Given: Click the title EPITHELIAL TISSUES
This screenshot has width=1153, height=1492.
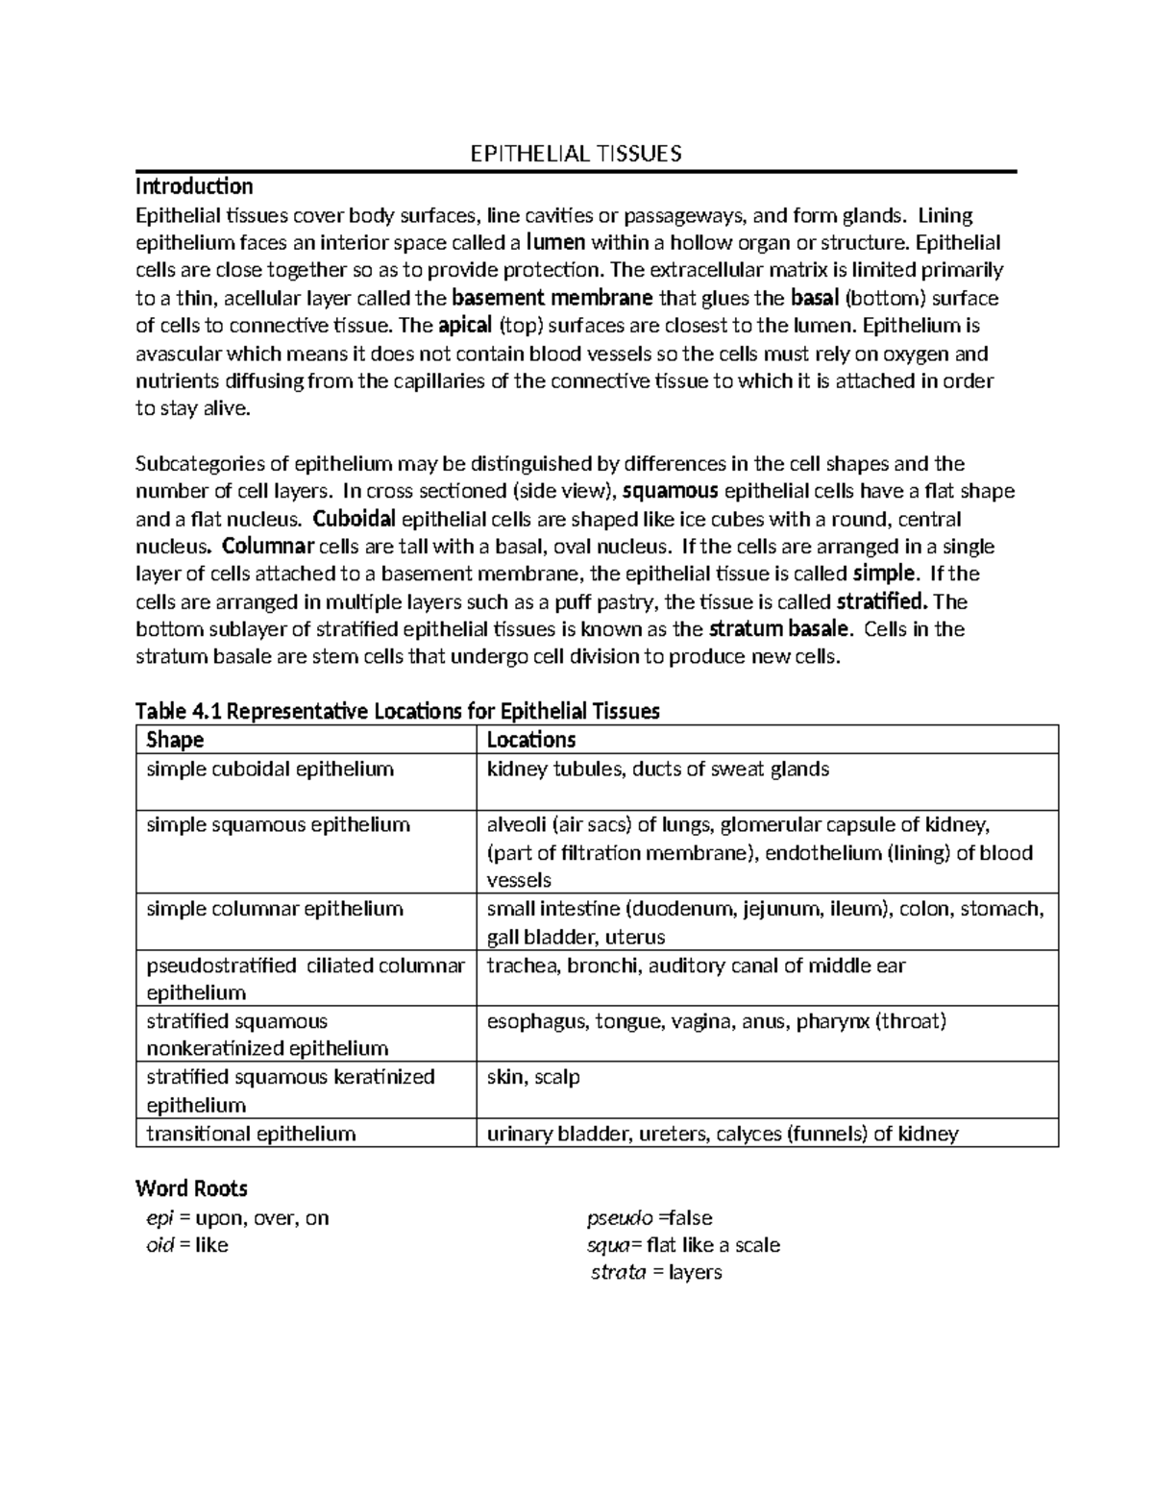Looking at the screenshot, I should (575, 154).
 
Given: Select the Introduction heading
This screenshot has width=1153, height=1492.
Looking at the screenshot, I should (194, 185).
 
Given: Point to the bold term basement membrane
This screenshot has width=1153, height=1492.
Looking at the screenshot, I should (552, 298).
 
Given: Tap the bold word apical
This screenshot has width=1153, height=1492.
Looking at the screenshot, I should (465, 326).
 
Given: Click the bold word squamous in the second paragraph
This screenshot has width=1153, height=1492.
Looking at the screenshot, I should (671, 491).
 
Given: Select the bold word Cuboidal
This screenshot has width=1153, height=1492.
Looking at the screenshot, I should (354, 519).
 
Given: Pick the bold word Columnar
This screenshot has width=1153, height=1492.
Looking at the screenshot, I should (268, 547).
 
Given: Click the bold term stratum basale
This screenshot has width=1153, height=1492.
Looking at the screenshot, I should (779, 629).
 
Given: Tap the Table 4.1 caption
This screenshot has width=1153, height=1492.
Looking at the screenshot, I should (398, 711).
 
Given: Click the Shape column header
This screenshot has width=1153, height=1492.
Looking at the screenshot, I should (175, 740).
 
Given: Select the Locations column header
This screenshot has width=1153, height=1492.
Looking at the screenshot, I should (531, 740).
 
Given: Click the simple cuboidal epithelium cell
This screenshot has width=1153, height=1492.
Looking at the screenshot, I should (270, 769).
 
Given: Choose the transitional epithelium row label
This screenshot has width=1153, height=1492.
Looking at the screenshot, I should (251, 1134).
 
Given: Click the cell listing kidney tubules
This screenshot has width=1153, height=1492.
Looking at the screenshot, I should (658, 769).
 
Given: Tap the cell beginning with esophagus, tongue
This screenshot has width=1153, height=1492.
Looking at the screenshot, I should (717, 1021).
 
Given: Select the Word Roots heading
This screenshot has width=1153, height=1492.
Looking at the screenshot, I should (192, 1188).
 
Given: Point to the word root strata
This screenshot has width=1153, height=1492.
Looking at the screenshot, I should (619, 1273).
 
